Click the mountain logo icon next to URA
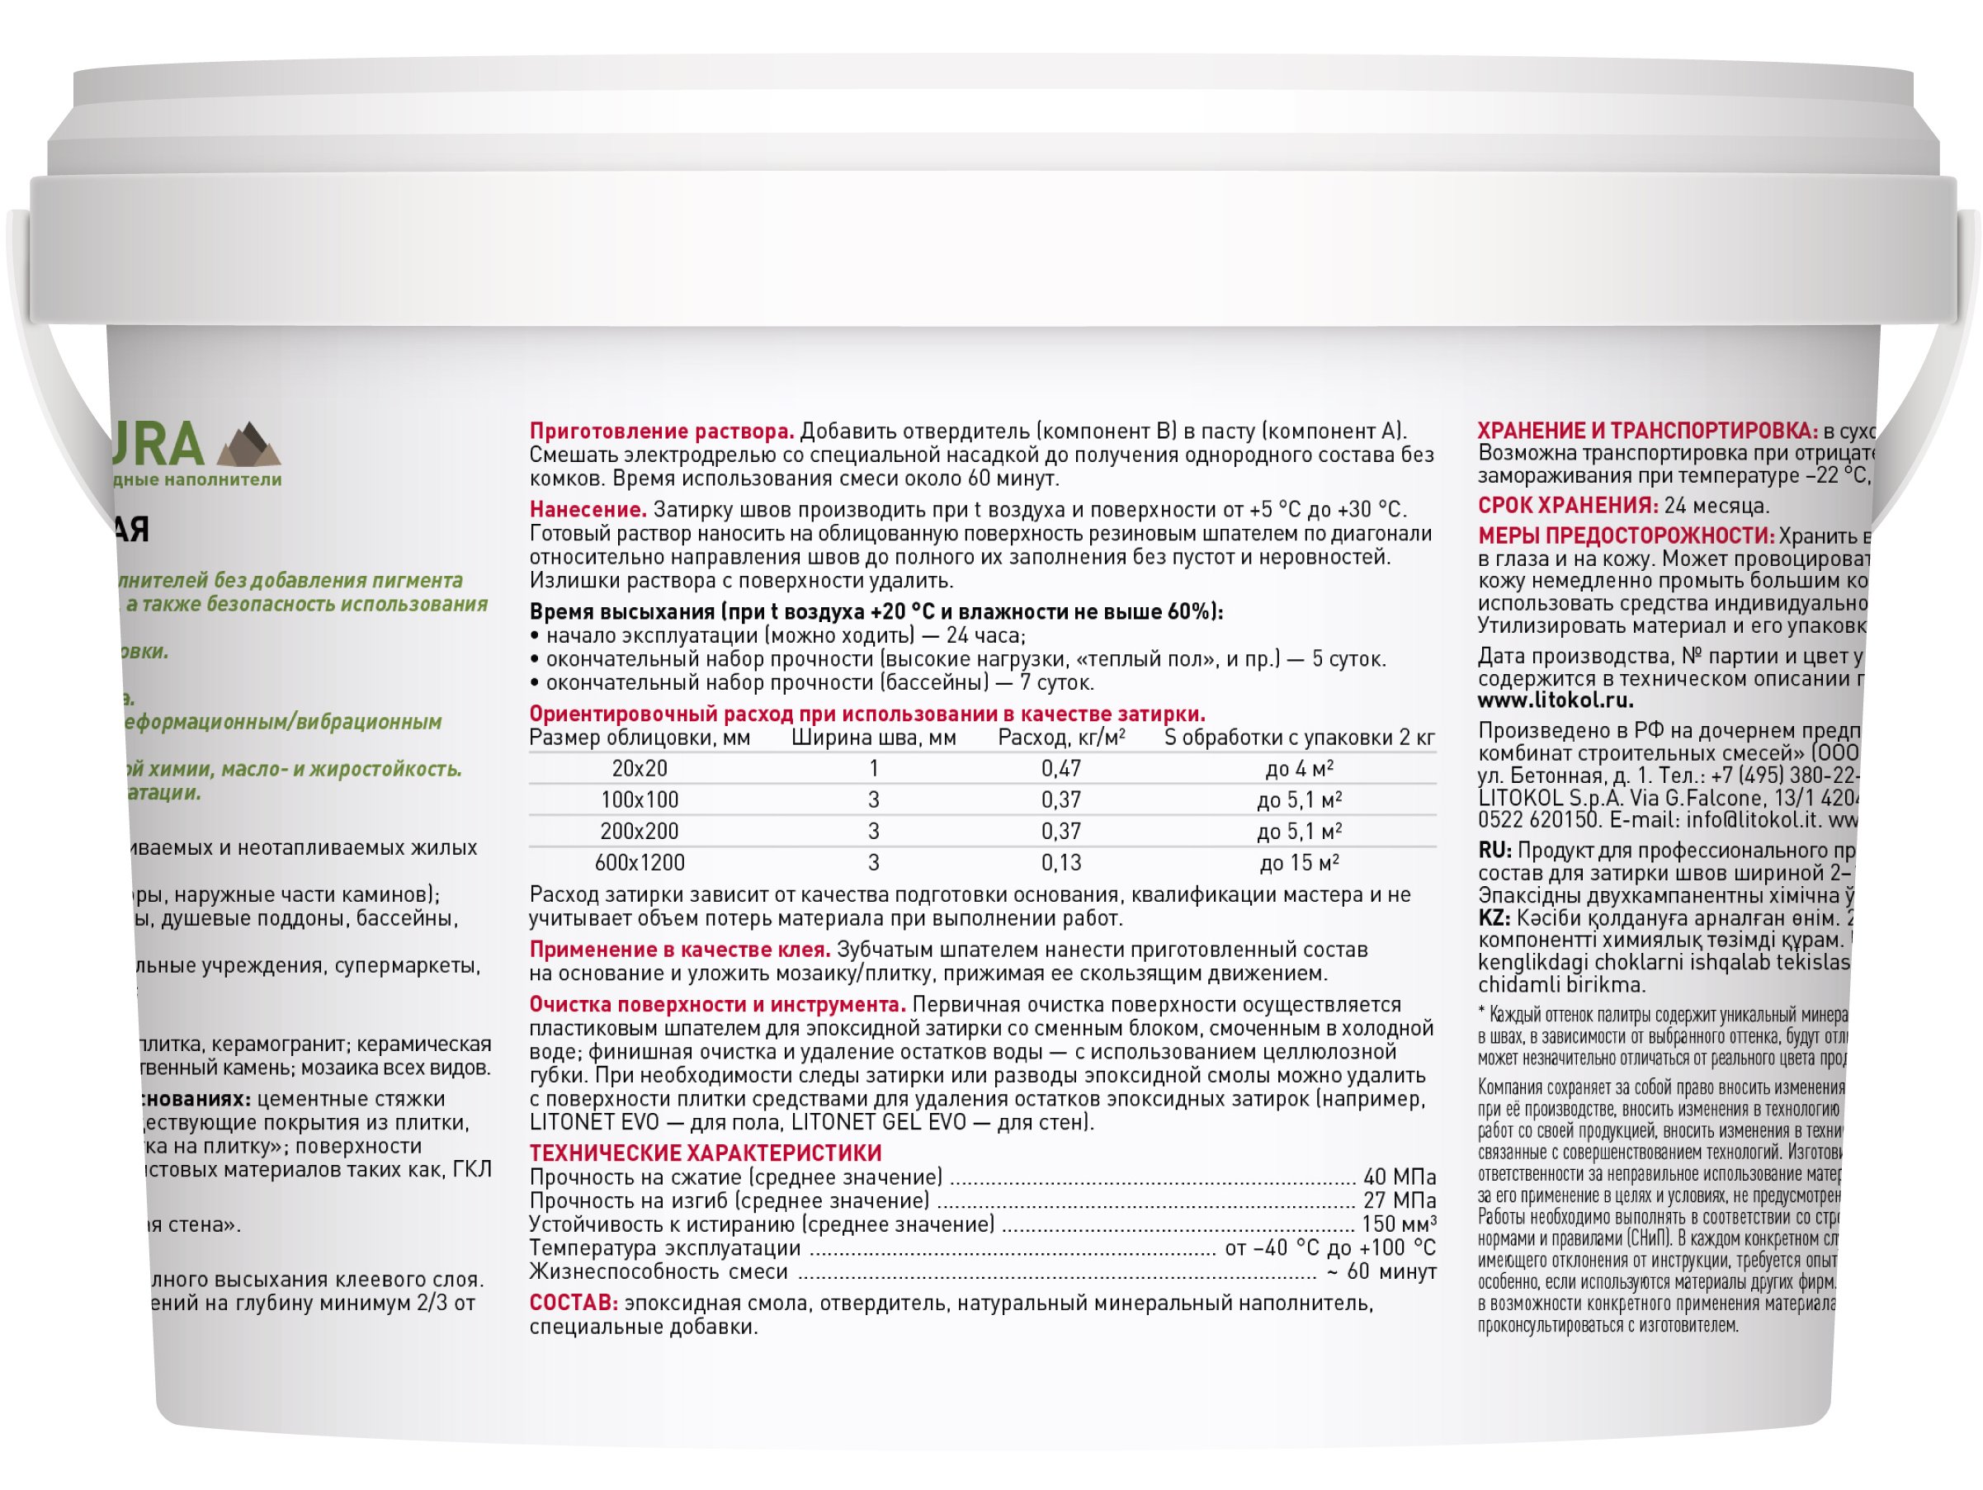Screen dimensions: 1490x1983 pos(249,445)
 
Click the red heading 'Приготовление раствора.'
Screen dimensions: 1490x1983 pos(662,432)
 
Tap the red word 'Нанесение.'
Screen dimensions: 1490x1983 pos(588,510)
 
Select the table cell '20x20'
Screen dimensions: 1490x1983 pos(640,768)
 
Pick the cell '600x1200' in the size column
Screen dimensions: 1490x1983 pos(640,863)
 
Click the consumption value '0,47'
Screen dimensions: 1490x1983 pos(1060,768)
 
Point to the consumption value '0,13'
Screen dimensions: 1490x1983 pos(1060,863)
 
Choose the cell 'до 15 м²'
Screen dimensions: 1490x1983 pos(1299,863)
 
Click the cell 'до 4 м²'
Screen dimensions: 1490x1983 pos(1299,768)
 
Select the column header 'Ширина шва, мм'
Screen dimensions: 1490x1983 pos(873,738)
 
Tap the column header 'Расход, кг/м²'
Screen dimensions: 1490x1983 pos(1061,738)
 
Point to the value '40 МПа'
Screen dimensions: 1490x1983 pos(1400,1177)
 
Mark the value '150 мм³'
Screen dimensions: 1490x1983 pos(1399,1224)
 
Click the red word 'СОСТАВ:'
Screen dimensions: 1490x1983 pos(573,1304)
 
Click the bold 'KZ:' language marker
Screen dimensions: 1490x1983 pos(1494,918)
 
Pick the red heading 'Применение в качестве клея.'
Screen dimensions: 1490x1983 pos(679,950)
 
